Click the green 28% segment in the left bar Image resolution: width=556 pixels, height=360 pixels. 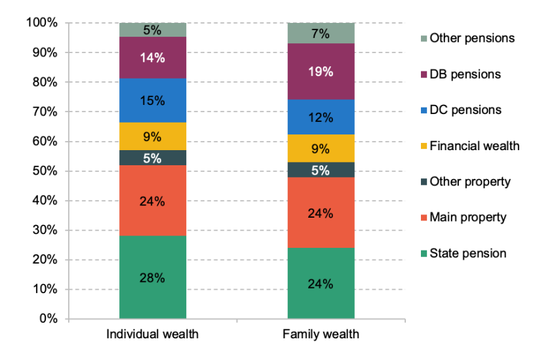(153, 277)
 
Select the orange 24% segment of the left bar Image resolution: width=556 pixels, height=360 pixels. (153, 200)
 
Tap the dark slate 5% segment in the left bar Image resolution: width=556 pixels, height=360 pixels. (153, 157)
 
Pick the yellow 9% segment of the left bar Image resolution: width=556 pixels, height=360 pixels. (153, 136)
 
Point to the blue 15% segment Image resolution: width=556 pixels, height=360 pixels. (153, 100)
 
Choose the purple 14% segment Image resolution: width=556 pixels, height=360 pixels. (153, 58)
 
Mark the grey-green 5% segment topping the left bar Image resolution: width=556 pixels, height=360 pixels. (153, 30)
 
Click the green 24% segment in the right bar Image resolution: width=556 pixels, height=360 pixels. (321, 283)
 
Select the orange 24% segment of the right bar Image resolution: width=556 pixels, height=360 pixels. (321, 212)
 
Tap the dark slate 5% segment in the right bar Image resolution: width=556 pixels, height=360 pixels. (321, 170)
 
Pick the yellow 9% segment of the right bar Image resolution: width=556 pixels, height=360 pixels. (321, 148)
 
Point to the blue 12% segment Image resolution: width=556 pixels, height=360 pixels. (321, 117)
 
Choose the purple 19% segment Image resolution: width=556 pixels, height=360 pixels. (321, 71)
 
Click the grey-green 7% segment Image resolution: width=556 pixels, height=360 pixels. (321, 33)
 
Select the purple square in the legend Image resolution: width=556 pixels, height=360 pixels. (424, 74)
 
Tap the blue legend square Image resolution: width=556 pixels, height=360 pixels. (424, 110)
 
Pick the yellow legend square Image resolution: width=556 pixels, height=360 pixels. (424, 146)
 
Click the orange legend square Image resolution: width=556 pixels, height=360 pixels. (424, 218)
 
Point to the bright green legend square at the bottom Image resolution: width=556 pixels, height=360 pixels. (424, 253)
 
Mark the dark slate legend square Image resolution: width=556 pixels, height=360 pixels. (424, 182)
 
